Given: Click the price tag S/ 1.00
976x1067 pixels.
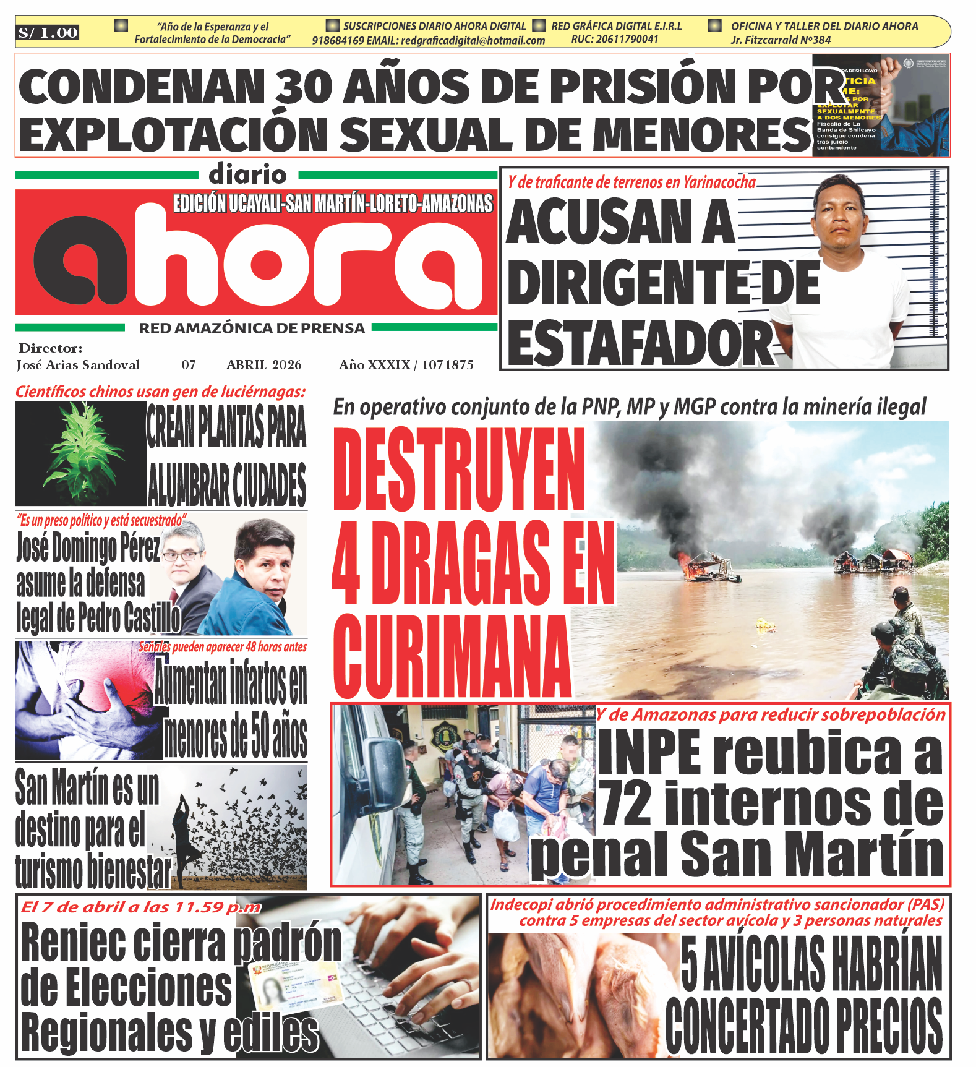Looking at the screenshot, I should (48, 33).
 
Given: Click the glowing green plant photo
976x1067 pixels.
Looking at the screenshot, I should (80, 453).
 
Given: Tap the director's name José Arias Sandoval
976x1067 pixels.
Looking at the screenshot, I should (78, 365).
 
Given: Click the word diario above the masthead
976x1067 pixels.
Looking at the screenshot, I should (247, 175).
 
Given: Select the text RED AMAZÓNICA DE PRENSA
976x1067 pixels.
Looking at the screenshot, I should (252, 328).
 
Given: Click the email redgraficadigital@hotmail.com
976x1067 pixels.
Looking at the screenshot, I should (473, 41).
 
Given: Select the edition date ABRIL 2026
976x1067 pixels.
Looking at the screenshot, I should (263, 365).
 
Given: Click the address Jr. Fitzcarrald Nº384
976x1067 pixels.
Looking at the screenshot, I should (781, 40).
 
